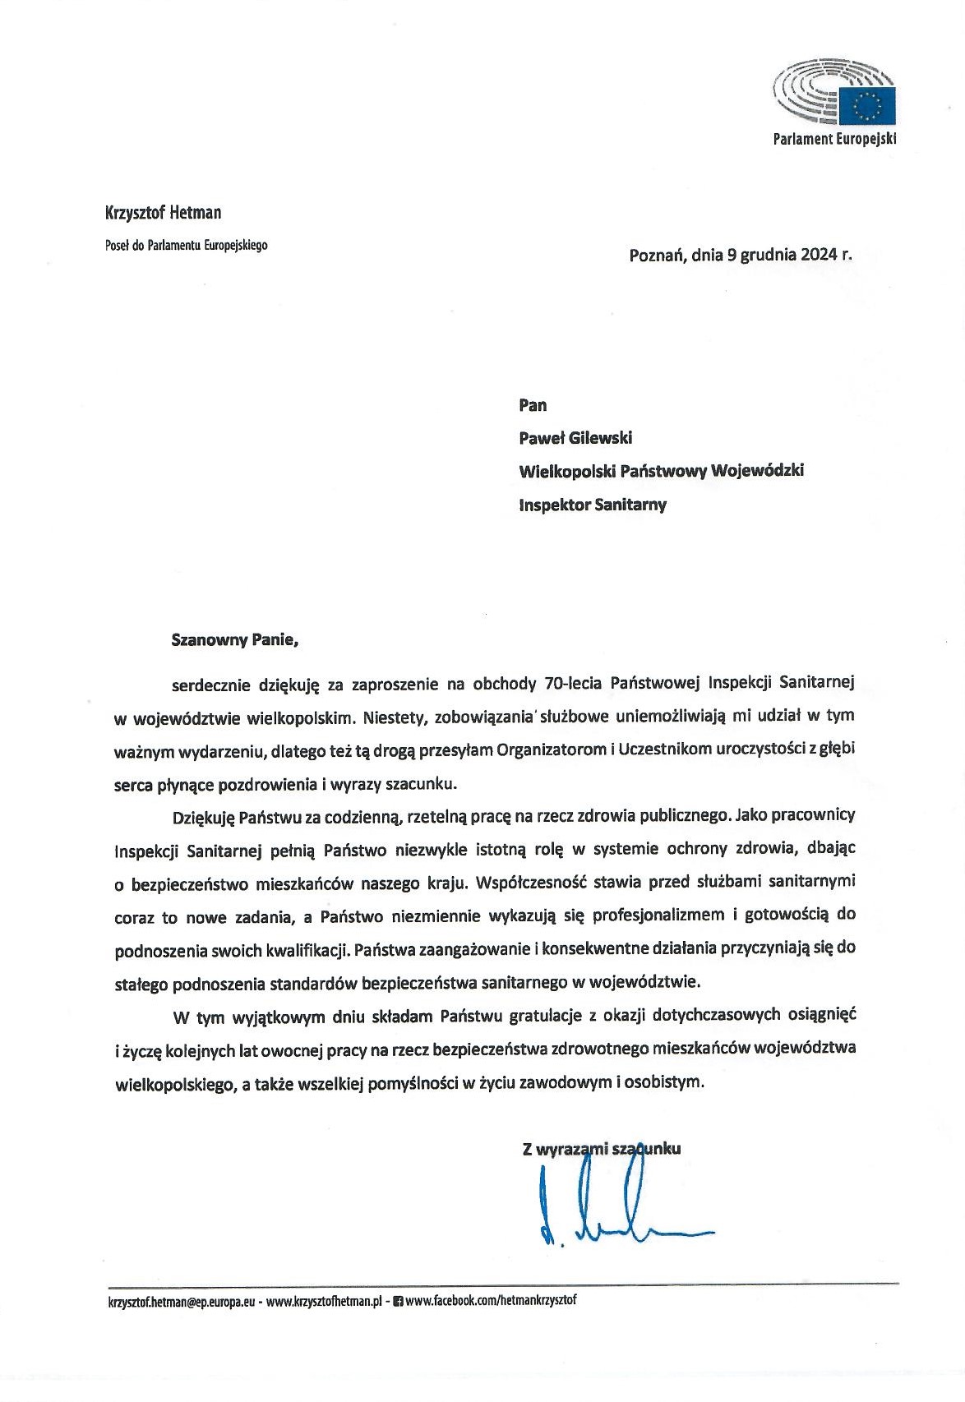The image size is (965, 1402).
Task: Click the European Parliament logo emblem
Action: pos(833,92)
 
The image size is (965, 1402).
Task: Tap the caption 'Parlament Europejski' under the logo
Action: pos(834,139)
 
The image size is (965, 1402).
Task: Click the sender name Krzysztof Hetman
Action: pos(164,213)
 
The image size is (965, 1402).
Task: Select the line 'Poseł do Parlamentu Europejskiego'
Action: pos(187,245)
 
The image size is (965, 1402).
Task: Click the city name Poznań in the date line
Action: pos(658,255)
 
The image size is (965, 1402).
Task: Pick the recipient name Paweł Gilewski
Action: pos(575,438)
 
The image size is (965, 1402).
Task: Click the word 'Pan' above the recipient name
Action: pos(533,405)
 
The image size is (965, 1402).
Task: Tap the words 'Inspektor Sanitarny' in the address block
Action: pos(592,505)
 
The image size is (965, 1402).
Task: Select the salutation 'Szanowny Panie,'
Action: pos(234,639)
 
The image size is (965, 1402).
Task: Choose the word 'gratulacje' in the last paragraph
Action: pos(543,1015)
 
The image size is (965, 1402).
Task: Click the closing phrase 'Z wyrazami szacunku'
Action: pos(601,1149)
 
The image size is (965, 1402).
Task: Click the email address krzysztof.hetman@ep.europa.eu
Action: pos(182,1303)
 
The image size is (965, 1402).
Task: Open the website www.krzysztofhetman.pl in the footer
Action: pos(326,1303)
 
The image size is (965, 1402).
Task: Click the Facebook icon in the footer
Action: pos(399,1302)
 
